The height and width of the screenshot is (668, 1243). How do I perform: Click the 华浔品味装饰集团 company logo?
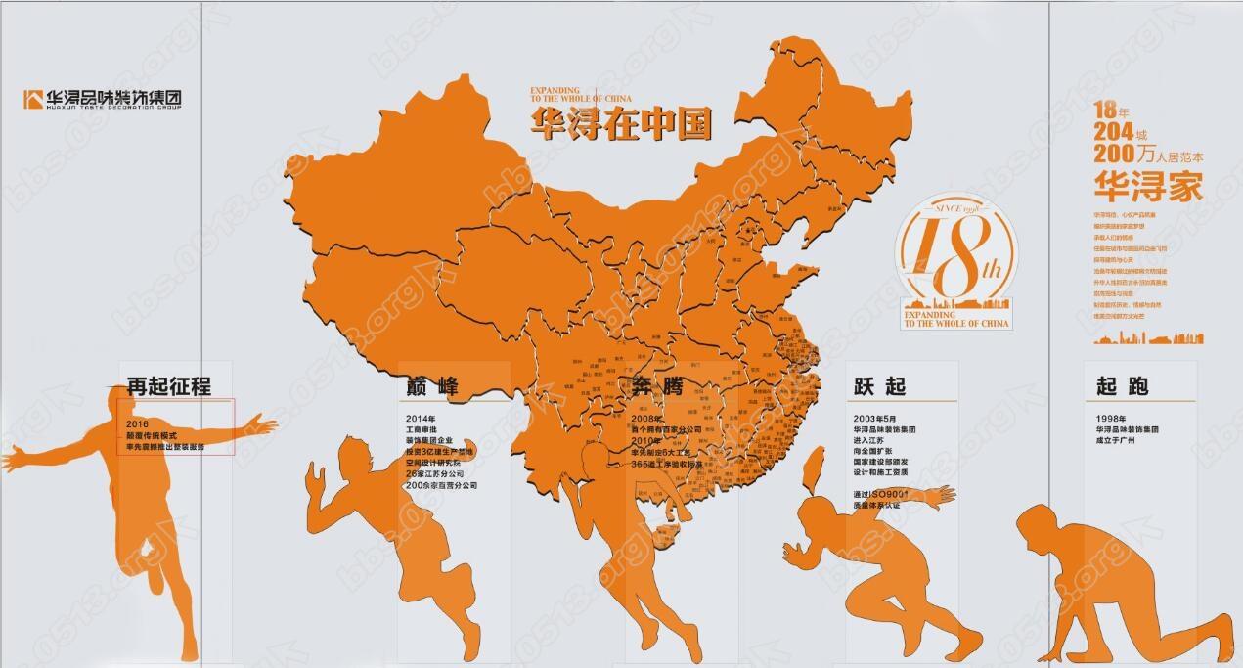[x=103, y=99]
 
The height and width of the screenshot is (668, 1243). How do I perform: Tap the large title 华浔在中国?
[x=620, y=124]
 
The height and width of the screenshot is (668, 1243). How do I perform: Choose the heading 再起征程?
[x=168, y=386]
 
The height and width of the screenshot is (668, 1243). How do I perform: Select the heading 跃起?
[x=879, y=386]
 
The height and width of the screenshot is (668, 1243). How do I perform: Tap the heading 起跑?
[x=1122, y=386]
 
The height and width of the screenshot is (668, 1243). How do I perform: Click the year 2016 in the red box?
[x=137, y=423]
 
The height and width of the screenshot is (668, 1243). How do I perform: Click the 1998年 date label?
[x=1110, y=418]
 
